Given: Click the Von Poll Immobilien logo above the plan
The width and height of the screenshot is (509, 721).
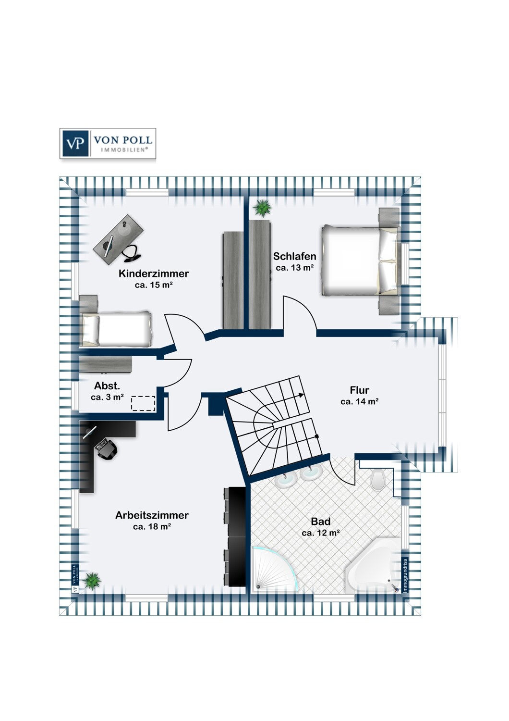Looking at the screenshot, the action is pyautogui.click(x=108, y=144).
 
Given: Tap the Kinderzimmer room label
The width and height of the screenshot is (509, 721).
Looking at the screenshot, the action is pyautogui.click(x=154, y=273).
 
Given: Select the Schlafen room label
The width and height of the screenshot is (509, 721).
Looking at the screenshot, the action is pyautogui.click(x=294, y=256).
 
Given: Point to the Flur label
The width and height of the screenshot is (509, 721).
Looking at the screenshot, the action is pyautogui.click(x=360, y=390).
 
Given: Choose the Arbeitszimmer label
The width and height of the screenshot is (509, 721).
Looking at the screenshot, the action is pyautogui.click(x=152, y=515).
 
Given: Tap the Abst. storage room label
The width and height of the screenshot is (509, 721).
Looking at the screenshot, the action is pyautogui.click(x=107, y=385).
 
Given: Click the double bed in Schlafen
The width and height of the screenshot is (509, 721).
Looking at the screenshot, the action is pyautogui.click(x=361, y=261).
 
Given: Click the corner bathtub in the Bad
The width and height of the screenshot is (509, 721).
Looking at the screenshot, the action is pyautogui.click(x=374, y=565).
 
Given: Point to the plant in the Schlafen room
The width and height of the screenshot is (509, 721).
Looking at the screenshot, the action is pyautogui.click(x=262, y=208).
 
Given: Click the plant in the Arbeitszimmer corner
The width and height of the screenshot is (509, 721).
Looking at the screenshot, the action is pyautogui.click(x=92, y=581).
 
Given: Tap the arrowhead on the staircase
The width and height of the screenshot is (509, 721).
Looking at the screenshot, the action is pyautogui.click(x=301, y=396).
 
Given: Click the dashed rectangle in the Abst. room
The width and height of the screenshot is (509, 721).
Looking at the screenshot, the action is pyautogui.click(x=143, y=403).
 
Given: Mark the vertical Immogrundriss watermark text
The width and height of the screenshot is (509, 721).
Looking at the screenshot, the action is pyautogui.click(x=405, y=574).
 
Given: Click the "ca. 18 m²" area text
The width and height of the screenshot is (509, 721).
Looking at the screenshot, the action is pyautogui.click(x=152, y=527).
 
